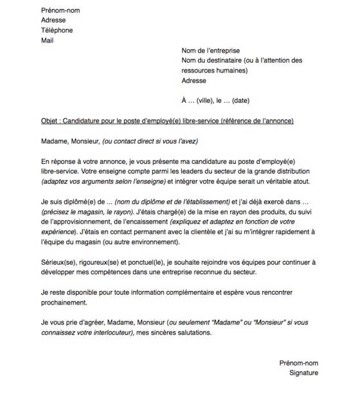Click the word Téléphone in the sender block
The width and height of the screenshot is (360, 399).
(x=57, y=30)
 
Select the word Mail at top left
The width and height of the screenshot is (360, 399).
(x=47, y=40)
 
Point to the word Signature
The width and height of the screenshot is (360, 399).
(x=303, y=373)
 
